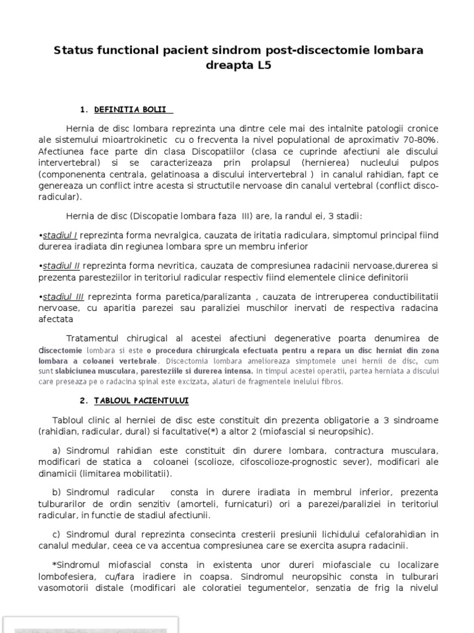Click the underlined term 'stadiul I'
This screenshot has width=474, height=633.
pyautogui.click(x=60, y=235)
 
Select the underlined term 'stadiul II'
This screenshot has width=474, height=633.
pyautogui.click(x=61, y=266)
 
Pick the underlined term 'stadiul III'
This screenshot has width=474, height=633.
pyautogui.click(x=62, y=297)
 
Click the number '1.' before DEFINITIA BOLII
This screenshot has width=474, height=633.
pyautogui.click(x=85, y=110)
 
